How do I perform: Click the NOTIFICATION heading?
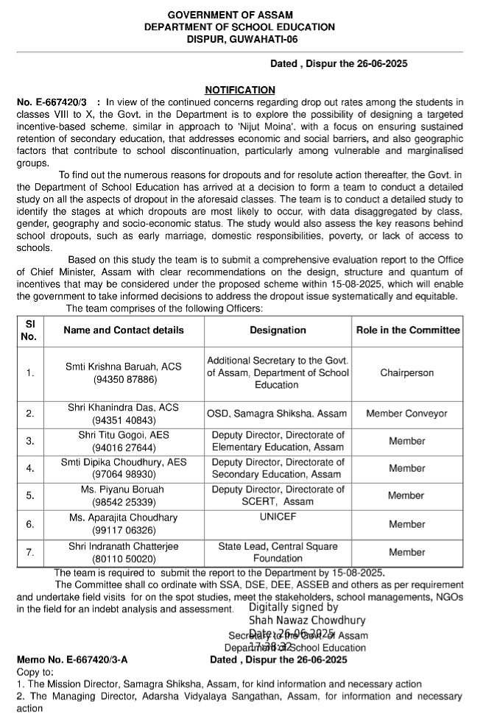[240, 90]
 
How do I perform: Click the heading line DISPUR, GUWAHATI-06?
[240, 38]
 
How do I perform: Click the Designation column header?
[278, 331]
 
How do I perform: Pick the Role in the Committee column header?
[407, 331]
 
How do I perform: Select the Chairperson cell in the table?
[407, 373]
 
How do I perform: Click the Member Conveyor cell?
[407, 414]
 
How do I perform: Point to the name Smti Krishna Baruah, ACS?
[124, 367]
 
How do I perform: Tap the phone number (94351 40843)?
[124, 420]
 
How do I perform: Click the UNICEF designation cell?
[278, 517]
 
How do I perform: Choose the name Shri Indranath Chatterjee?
[124, 546]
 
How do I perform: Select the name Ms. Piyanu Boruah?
[124, 490]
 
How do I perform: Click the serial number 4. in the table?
[30, 469]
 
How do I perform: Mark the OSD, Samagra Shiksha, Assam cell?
[278, 414]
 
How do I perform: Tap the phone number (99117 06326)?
[124, 530]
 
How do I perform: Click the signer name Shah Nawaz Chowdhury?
[307, 621]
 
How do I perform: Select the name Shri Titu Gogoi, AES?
[124, 435]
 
